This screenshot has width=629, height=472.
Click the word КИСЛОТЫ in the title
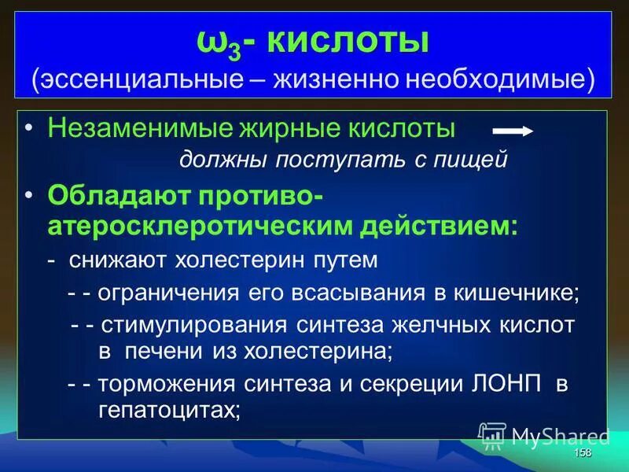click(x=348, y=41)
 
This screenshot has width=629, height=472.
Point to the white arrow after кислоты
click(x=513, y=131)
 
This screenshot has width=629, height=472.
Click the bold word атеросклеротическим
click(x=200, y=226)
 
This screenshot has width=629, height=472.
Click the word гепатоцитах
click(x=168, y=409)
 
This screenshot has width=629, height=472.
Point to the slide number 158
click(x=583, y=454)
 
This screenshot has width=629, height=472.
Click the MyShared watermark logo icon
click(x=492, y=436)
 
